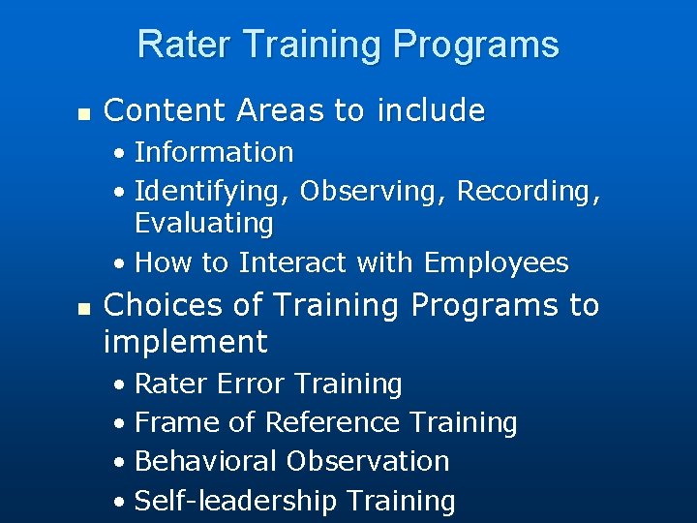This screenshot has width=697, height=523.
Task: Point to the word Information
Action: [214, 152]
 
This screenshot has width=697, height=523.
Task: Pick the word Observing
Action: [374, 192]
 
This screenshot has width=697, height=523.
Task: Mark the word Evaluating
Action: [204, 223]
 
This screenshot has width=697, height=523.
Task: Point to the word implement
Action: [185, 342]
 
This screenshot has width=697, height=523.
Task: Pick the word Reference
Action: [333, 422]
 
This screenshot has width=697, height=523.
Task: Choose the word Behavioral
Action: [207, 461]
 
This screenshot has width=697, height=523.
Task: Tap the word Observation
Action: [369, 461]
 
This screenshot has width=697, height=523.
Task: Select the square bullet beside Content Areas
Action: [83, 114]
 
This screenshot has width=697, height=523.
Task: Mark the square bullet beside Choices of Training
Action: [83, 308]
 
